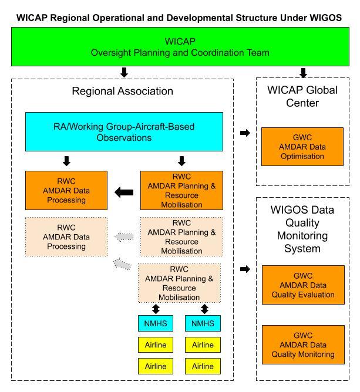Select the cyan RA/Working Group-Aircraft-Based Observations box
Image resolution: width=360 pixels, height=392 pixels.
tap(124, 131)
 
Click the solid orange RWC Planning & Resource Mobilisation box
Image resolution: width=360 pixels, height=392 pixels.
tap(181, 190)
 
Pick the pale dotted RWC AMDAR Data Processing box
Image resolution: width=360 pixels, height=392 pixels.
tap(66, 237)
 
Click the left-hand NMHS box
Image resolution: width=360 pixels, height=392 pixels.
tap(156, 323)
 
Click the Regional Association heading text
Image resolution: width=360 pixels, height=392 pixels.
tap(122, 91)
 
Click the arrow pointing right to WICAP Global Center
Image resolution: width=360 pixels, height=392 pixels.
tap(245, 133)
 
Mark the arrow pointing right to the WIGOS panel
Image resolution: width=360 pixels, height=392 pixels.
tap(245, 269)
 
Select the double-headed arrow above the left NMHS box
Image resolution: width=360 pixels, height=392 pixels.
tap(156, 308)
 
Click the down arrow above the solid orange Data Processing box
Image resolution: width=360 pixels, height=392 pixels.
tap(66, 161)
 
